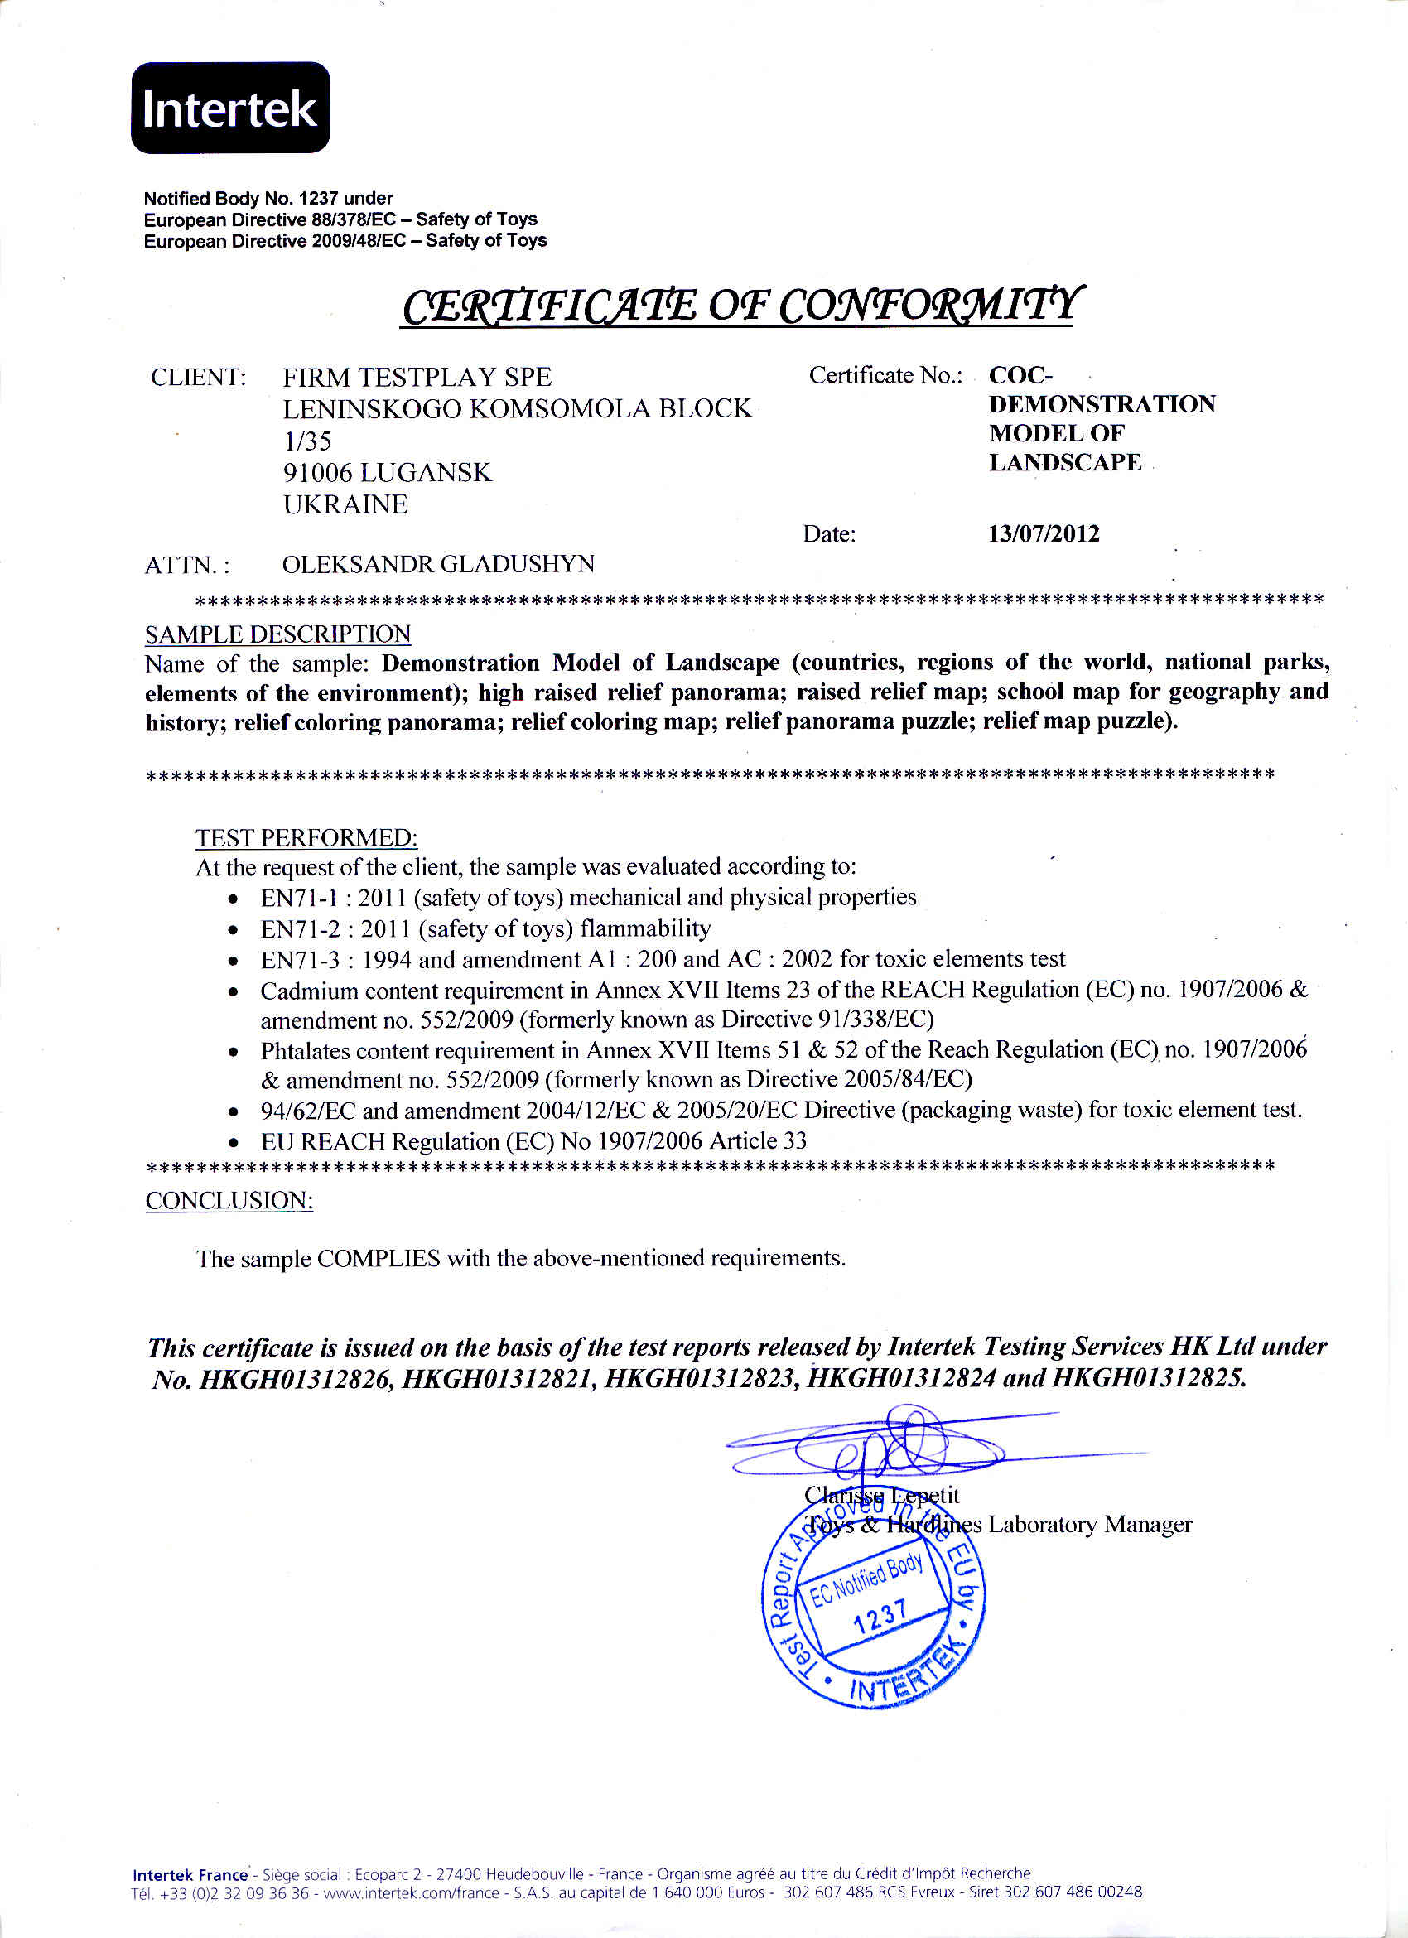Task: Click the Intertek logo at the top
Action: coord(229,108)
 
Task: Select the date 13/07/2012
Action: coord(1044,534)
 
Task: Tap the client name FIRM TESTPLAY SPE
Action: coord(417,377)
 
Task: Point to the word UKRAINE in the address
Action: coord(345,504)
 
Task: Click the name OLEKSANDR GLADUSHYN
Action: coord(438,564)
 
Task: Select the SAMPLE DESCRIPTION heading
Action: coord(277,634)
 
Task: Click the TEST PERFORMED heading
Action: coord(306,837)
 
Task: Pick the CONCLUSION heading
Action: coord(229,1201)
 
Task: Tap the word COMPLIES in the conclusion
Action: coord(379,1259)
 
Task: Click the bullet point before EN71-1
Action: coord(234,899)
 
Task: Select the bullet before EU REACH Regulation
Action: coord(234,1143)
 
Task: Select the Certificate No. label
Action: coord(885,375)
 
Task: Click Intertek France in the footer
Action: coord(190,1875)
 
